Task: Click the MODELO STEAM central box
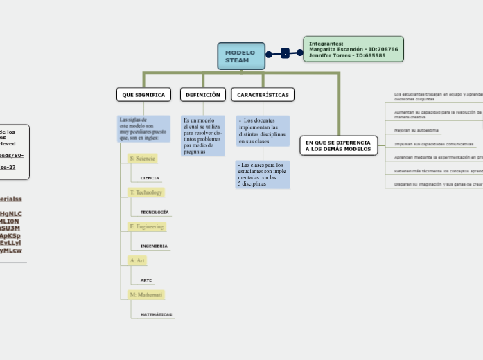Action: [x=241, y=56]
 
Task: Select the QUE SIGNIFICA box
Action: [x=143, y=94]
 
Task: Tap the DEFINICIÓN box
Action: [x=203, y=94]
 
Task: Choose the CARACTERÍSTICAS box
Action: [x=263, y=94]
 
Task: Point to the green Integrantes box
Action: [x=353, y=49]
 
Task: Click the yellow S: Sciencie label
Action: [x=142, y=159]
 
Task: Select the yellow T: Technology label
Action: [x=146, y=192]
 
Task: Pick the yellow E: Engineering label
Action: [x=146, y=226]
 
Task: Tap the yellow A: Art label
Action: [x=137, y=260]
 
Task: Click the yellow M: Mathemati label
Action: [x=146, y=295]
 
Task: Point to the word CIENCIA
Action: [x=150, y=178]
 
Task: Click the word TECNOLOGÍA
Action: [x=155, y=212]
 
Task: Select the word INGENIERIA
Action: [x=154, y=246]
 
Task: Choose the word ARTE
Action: [x=146, y=280]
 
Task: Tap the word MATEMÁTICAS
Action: [x=156, y=314]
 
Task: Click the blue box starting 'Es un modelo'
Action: [x=203, y=135]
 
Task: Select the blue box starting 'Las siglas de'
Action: [x=143, y=129]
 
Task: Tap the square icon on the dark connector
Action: [x=285, y=53]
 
